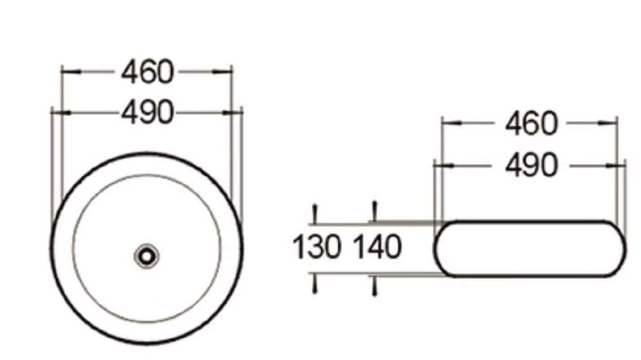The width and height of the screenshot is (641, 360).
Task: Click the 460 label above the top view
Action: [x=148, y=72]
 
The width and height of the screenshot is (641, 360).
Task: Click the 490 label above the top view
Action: [x=148, y=112]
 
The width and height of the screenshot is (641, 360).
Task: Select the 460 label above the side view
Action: [x=532, y=123]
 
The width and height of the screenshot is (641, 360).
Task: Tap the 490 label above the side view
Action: [x=532, y=165]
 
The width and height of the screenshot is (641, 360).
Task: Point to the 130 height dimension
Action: [x=317, y=247]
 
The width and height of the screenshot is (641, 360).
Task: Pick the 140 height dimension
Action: [x=377, y=247]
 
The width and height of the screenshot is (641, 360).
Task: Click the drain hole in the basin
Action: [x=147, y=256]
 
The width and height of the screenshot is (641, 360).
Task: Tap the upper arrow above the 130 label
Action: [x=315, y=214]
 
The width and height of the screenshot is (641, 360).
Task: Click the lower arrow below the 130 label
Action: [x=315, y=283]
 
